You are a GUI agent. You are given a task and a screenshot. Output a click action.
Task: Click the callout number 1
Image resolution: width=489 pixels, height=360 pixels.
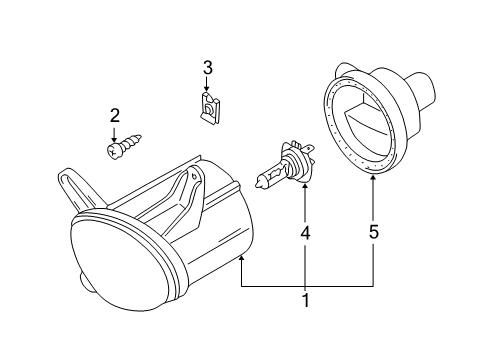305,300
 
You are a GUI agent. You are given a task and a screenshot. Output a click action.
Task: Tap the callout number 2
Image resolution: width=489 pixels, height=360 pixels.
114,116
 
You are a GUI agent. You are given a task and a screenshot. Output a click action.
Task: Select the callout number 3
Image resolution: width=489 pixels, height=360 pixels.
207,68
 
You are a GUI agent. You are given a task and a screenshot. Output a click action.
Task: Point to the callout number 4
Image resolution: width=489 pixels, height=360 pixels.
305,233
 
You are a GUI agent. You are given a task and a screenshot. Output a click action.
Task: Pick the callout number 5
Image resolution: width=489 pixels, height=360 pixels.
374,232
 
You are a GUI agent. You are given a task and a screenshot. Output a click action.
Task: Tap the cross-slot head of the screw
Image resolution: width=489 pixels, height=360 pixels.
114,152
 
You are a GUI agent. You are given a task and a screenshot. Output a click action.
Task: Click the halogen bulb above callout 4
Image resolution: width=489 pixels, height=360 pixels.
285,165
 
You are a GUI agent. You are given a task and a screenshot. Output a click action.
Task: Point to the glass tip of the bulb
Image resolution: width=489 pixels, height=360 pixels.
258,183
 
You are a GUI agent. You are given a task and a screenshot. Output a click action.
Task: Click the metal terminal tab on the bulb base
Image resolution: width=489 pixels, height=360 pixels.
310,147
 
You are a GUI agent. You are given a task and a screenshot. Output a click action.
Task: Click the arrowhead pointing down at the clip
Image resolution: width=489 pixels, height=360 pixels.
207,88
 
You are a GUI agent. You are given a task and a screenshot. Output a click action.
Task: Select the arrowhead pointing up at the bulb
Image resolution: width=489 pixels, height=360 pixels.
305,185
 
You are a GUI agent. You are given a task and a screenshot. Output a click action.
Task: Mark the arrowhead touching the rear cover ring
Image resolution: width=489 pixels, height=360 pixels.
373,177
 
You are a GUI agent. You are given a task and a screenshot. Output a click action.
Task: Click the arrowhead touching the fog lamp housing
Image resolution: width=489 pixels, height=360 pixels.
241,258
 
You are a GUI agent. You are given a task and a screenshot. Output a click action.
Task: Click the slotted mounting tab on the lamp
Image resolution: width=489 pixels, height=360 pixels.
72,188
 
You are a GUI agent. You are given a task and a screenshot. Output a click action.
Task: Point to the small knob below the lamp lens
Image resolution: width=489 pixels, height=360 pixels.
85,283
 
